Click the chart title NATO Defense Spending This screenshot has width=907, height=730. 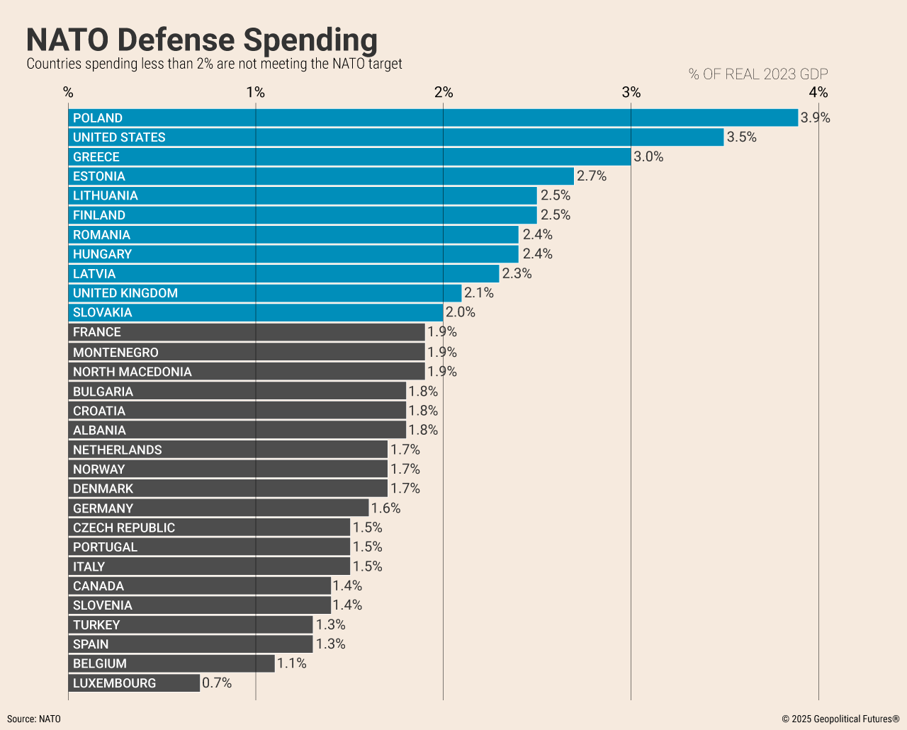click(202, 40)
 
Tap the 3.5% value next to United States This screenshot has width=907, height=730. click(742, 137)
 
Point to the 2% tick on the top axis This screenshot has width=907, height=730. click(444, 92)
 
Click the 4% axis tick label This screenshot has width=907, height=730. click(818, 92)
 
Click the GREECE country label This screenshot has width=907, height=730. click(96, 157)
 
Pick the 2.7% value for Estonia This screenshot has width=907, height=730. click(592, 176)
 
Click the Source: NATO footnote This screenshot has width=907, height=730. click(34, 719)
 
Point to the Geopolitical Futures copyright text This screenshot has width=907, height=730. click(840, 719)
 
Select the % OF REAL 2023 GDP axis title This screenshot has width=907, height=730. click(758, 74)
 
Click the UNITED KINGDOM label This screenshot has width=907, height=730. click(125, 293)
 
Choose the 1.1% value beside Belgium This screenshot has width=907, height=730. click(292, 663)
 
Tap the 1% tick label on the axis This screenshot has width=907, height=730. click(256, 92)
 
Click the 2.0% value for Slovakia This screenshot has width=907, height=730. click(461, 312)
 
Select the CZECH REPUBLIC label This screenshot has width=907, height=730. click(124, 527)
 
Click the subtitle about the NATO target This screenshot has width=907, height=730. click(214, 64)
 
